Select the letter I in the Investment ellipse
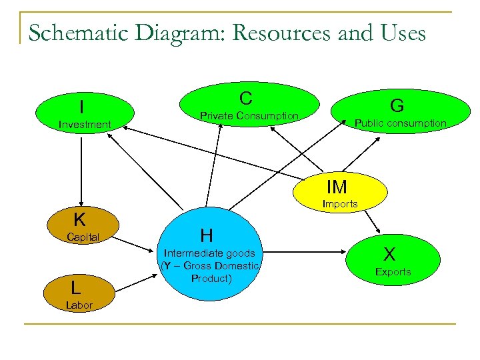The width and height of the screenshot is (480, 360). [x=81, y=107]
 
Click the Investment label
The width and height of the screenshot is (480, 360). [x=85, y=125]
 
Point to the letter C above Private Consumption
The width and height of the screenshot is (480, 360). [x=246, y=99]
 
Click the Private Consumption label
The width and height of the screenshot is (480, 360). [x=249, y=116]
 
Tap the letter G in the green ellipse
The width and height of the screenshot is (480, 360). [x=397, y=105]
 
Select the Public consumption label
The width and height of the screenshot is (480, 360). [x=400, y=123]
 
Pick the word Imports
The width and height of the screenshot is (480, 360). [x=340, y=204]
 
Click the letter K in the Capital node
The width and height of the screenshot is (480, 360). [x=79, y=220]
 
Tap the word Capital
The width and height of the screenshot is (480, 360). [x=83, y=237]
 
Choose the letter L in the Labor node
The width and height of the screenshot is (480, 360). [x=77, y=287]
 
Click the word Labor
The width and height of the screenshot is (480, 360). [x=79, y=305]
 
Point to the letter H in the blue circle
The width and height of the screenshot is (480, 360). [x=207, y=235]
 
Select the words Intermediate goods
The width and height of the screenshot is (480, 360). [x=209, y=253]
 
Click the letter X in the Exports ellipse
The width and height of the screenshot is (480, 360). [x=390, y=254]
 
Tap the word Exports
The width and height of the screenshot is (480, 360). [x=393, y=272]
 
